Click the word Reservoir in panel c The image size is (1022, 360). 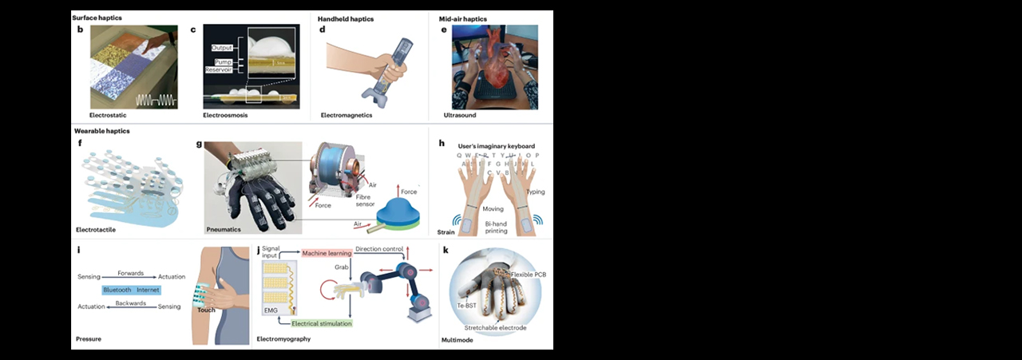216,70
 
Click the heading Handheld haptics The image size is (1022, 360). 346,18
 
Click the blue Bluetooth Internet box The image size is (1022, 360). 132,289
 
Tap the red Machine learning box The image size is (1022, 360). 327,253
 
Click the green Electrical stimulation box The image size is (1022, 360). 315,324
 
